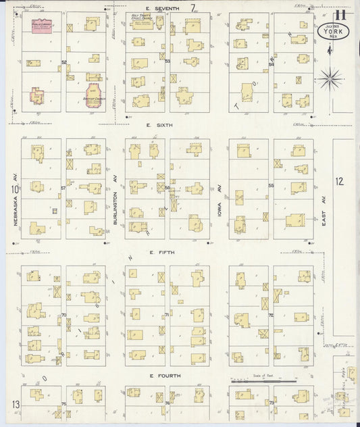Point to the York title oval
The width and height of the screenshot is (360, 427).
(x=330, y=32)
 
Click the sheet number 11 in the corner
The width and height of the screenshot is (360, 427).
(x=340, y=14)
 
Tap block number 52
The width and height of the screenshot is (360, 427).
(x=63, y=62)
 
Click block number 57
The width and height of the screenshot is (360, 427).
(x=63, y=187)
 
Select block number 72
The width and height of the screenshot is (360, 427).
(x=270, y=315)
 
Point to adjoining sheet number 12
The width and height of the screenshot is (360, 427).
(x=340, y=180)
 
